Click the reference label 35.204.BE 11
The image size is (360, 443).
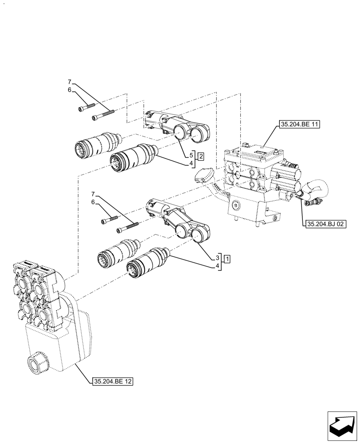click(299, 124)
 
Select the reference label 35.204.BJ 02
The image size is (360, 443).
click(325, 224)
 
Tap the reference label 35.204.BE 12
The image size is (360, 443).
click(113, 381)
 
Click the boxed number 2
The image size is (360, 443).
click(201, 156)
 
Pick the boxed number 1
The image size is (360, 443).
click(227, 258)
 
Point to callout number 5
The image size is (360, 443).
click(192, 155)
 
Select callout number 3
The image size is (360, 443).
click(218, 257)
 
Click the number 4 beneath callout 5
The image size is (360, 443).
click(192, 163)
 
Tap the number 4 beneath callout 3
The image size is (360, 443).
click(218, 266)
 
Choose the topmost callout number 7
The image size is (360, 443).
click(69, 82)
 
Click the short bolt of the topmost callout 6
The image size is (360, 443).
click(87, 107)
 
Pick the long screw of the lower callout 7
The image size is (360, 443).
click(128, 227)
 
